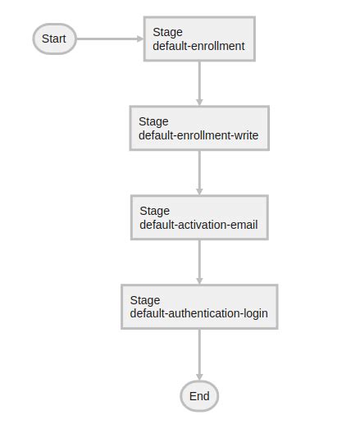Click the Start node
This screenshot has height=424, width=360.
click(x=54, y=39)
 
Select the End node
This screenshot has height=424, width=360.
click(x=199, y=396)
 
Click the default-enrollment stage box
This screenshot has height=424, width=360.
click(x=199, y=39)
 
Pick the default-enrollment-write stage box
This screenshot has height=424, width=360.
click(x=199, y=128)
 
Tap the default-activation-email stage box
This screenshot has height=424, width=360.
click(x=199, y=217)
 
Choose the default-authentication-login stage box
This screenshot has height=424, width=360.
click(x=199, y=307)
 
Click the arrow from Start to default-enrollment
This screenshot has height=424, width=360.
click(x=109, y=39)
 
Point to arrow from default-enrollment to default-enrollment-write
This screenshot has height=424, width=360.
click(x=199, y=83)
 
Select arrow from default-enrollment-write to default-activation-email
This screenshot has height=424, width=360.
click(x=199, y=172)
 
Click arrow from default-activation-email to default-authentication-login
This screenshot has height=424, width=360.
click(x=199, y=262)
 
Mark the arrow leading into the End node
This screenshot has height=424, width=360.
click(x=199, y=354)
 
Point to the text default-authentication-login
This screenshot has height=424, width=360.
click(x=198, y=314)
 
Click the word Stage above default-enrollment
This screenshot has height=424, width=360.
click(x=167, y=33)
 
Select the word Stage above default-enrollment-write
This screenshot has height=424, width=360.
click(x=153, y=122)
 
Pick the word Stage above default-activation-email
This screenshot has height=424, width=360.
click(x=154, y=212)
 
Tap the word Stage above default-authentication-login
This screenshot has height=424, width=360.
click(x=144, y=301)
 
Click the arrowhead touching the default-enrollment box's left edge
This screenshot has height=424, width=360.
click(x=139, y=39)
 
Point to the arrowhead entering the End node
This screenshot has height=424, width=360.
click(x=199, y=375)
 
